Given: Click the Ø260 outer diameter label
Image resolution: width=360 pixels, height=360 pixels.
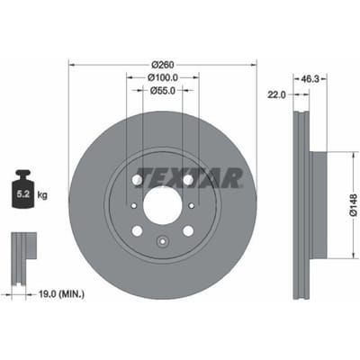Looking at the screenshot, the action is tap(163, 65).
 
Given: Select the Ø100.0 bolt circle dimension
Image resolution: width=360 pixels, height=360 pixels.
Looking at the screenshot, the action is tap(163, 77).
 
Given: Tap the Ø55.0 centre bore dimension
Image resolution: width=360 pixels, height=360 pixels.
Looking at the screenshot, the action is tap(163, 90).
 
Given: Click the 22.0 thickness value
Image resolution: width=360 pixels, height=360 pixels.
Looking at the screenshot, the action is tap(276, 95).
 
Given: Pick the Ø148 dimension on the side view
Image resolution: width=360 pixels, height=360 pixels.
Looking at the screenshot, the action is tap(354, 205).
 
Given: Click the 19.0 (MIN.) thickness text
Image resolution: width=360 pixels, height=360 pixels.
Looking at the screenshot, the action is tap(62, 294).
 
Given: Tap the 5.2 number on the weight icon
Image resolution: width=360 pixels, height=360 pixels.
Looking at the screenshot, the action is tap(22, 194).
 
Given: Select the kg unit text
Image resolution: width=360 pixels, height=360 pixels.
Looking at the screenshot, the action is tap(42, 195).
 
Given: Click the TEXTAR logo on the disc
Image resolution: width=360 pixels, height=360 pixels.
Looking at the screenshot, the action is tap(190, 178).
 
